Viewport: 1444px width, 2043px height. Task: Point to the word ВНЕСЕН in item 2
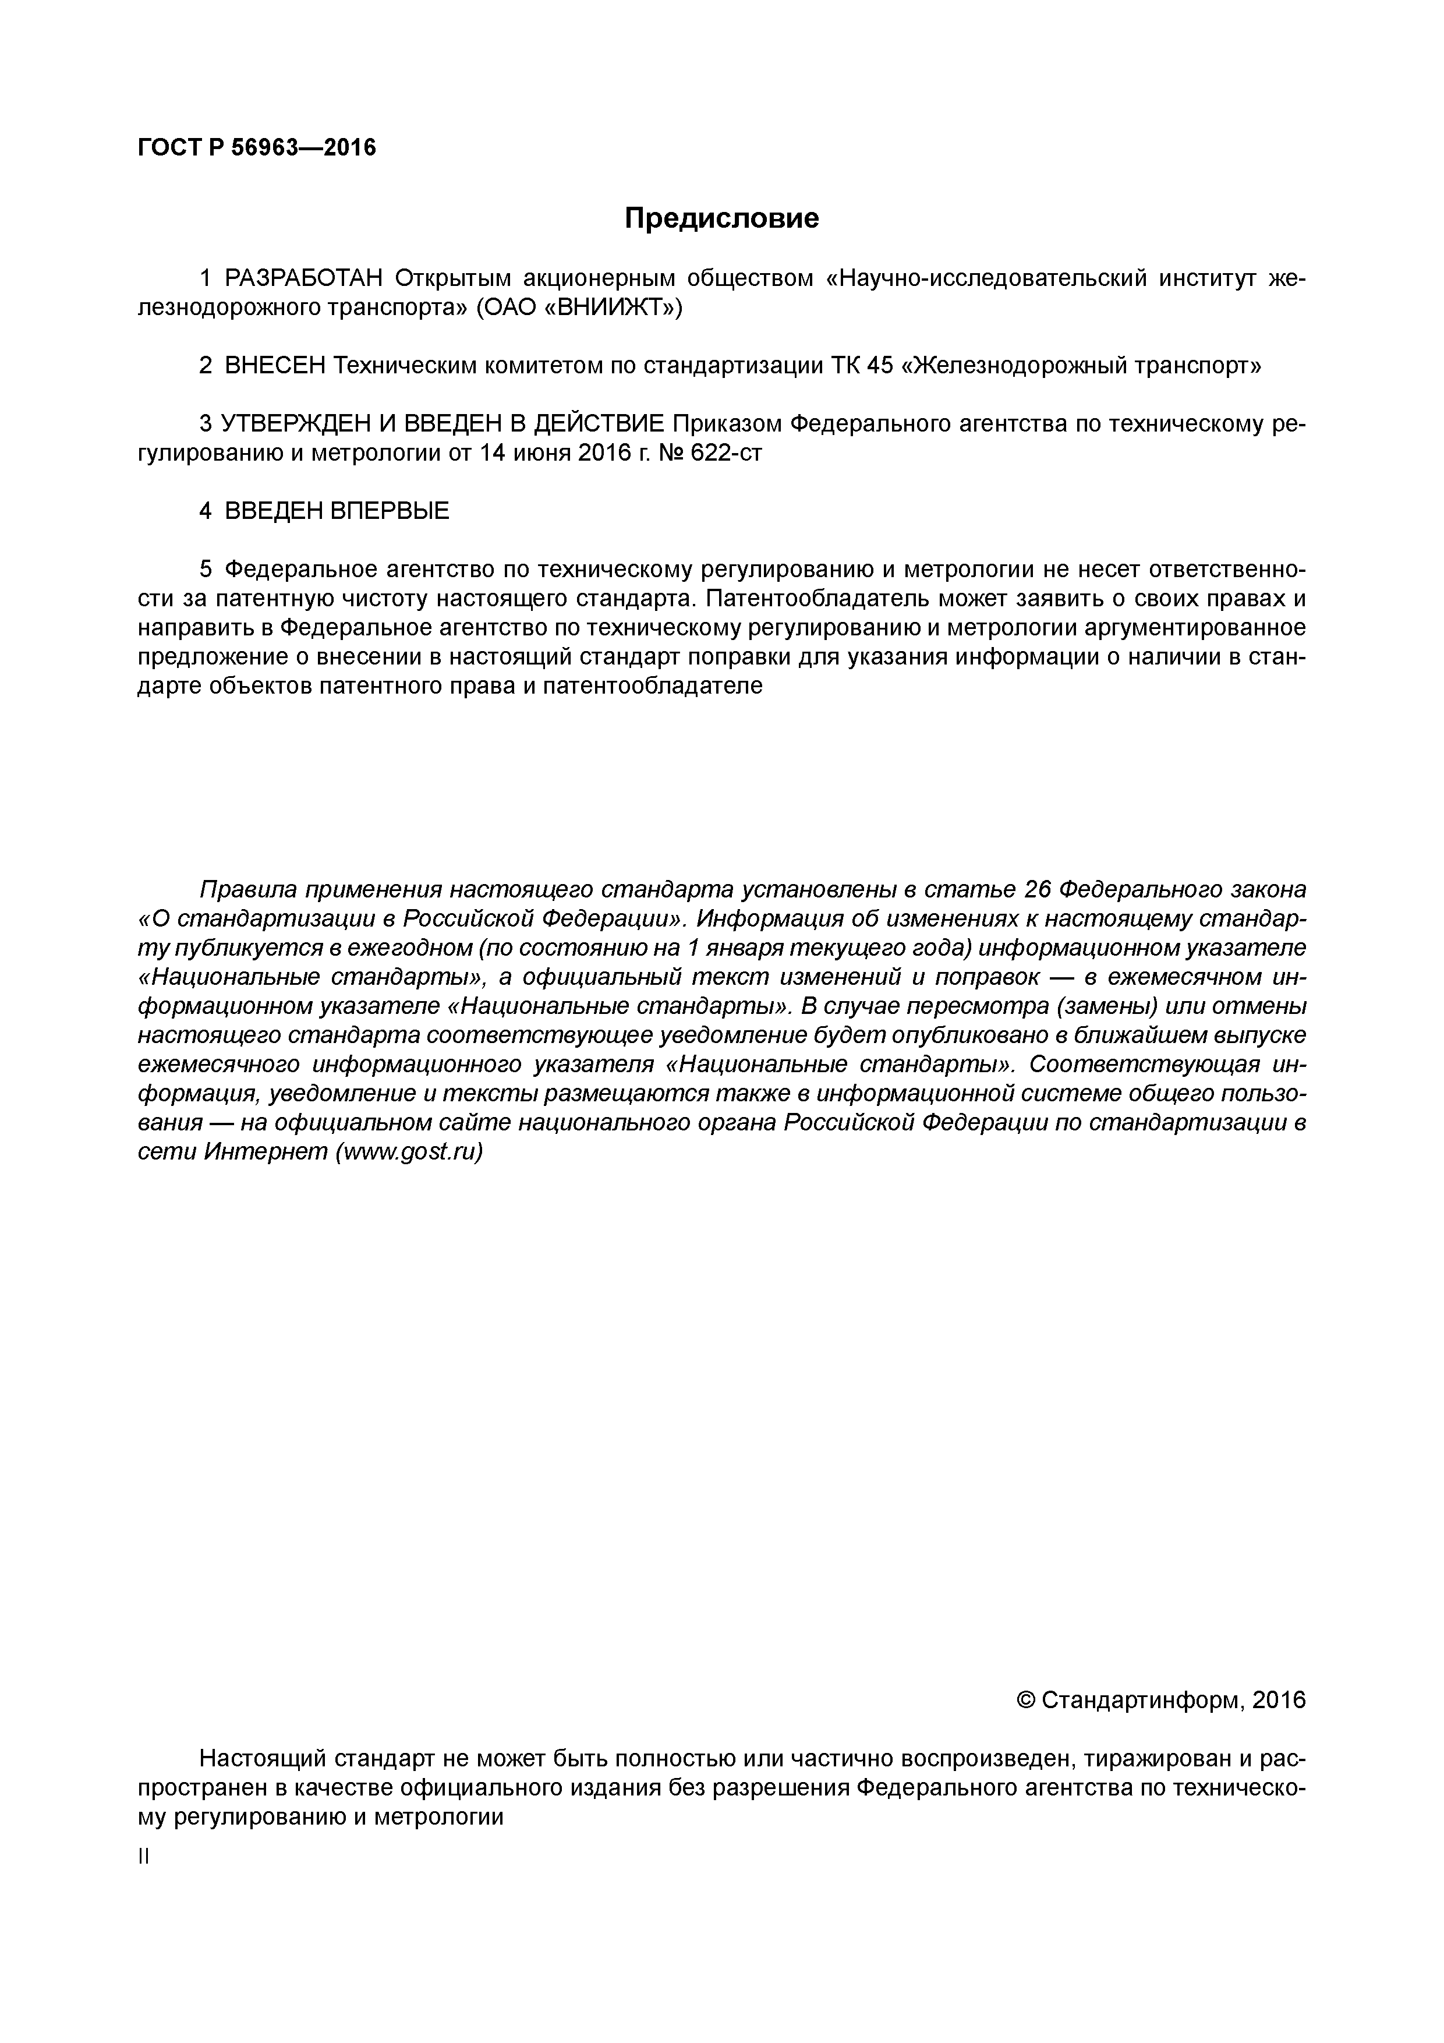click(x=276, y=366)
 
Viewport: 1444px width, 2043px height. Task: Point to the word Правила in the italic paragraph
click(x=246, y=889)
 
